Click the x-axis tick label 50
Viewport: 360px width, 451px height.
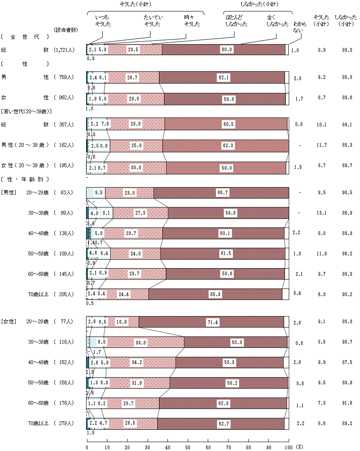coord(188,447)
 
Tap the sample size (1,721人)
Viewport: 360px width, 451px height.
coord(64,50)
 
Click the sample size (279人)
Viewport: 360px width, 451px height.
coord(64,423)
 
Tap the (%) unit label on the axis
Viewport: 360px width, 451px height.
coord(299,447)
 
